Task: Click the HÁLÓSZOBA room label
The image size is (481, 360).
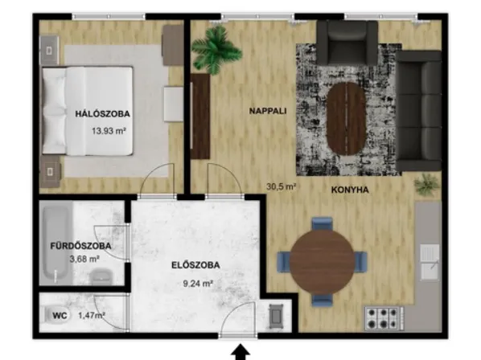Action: tap(103, 114)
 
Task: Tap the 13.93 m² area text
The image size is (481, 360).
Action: tap(109, 130)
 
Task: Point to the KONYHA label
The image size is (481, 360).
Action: tap(350, 190)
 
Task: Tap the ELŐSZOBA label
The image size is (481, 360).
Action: tap(195, 265)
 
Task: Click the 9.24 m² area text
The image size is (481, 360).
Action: tap(197, 283)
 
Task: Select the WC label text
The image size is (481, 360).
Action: tap(60, 315)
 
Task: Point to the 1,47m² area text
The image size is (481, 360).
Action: tap(92, 315)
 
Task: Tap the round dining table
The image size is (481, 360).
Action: tap(322, 262)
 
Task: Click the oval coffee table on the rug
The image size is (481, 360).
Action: tap(346, 117)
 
